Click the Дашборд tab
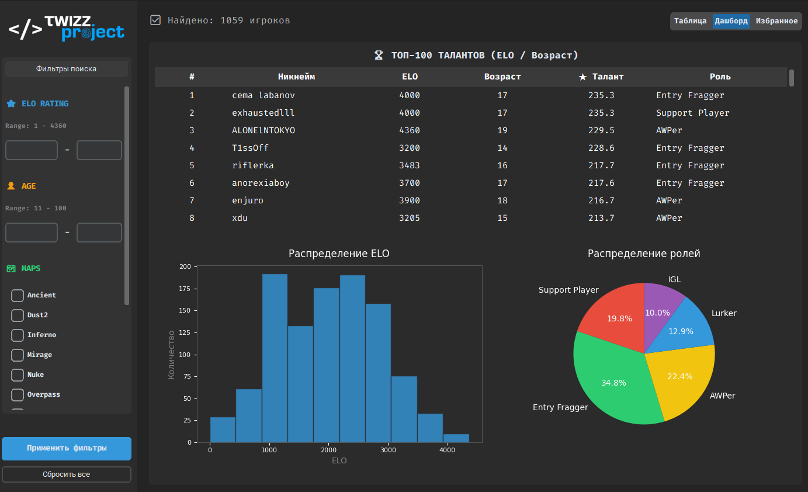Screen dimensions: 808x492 pos(731,21)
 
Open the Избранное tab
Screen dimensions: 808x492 pos(776,21)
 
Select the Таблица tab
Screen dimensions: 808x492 pos(691,21)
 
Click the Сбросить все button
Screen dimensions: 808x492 pos(67,474)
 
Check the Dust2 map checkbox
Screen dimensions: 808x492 pos(18,316)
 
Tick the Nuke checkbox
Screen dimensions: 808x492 pos(18,375)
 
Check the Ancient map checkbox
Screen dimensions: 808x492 pos(18,296)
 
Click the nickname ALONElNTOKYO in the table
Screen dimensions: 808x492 pos(263,130)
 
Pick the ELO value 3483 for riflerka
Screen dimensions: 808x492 pos(410,165)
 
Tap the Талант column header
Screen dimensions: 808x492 pos(601,77)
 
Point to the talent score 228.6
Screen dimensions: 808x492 pos(601,148)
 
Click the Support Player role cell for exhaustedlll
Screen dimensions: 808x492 pos(692,113)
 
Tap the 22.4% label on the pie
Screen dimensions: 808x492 pos(679,376)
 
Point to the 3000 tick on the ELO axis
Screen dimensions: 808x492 pos(388,450)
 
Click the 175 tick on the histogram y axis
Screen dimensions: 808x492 pos(185,289)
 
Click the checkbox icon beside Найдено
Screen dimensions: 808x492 pos(155,20)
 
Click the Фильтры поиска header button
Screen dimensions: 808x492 pos(67,69)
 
